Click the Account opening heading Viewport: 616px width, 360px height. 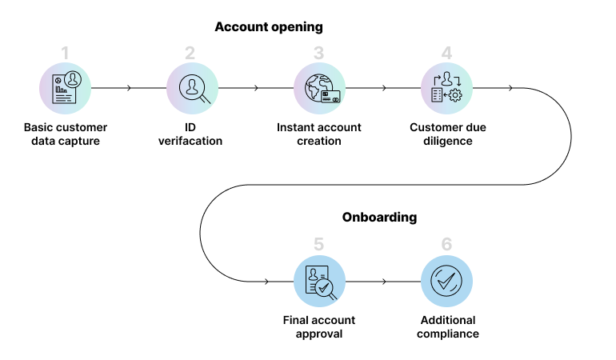pyautogui.click(x=268, y=27)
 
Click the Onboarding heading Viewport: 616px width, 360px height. pyautogui.click(x=379, y=217)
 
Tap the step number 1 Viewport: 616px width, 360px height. pyautogui.click(x=66, y=54)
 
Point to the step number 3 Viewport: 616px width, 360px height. pyautogui.click(x=318, y=54)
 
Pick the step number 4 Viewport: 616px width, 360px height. pyautogui.click(x=446, y=54)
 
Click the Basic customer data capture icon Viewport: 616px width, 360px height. pyautogui.click(x=66, y=88)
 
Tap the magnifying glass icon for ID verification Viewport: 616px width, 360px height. pyautogui.click(x=193, y=88)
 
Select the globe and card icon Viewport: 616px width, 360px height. pyautogui.click(x=319, y=88)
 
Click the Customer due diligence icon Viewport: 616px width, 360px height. pyautogui.click(x=446, y=88)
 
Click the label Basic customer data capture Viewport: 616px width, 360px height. pyautogui.click(x=66, y=134)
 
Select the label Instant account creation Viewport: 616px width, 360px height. pyautogui.click(x=318, y=134)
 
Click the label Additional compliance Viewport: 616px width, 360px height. pyautogui.click(x=446, y=326)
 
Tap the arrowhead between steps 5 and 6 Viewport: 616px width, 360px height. pyautogui.click(x=384, y=282)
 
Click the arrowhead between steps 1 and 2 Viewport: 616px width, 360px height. pyautogui.click(x=129, y=88)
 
